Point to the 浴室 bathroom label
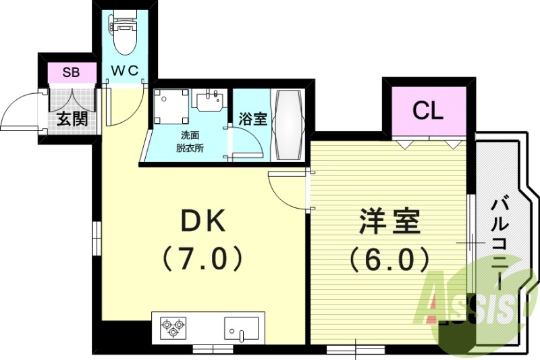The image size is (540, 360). click(253, 118)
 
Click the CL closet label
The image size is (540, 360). click(428, 111)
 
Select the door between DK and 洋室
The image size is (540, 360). click(289, 190)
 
